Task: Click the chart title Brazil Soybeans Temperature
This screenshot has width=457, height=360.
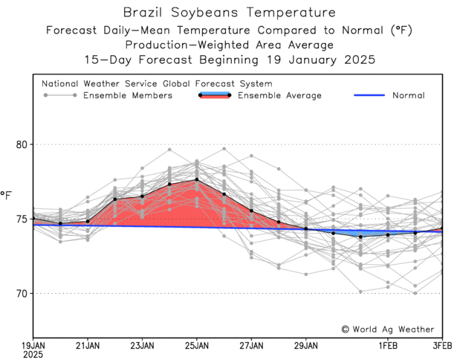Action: [x=228, y=13]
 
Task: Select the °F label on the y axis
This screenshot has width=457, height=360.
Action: [x=7, y=196]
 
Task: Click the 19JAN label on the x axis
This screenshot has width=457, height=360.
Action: [x=33, y=345]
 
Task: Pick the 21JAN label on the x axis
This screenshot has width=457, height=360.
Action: [x=88, y=345]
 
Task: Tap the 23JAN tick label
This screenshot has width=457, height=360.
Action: [x=142, y=345]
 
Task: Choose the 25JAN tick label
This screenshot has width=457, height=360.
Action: [x=197, y=345]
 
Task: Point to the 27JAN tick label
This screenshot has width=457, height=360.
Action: [x=251, y=345]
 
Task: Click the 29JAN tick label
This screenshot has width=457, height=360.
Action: [x=306, y=345]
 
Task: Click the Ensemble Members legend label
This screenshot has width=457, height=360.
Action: [x=128, y=95]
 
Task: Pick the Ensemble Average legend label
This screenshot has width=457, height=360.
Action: [x=279, y=95]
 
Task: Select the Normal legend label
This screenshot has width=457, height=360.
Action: [x=409, y=95]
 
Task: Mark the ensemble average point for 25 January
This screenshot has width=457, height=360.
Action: [x=197, y=179]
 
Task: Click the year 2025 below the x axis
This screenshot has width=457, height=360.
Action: [x=33, y=355]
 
